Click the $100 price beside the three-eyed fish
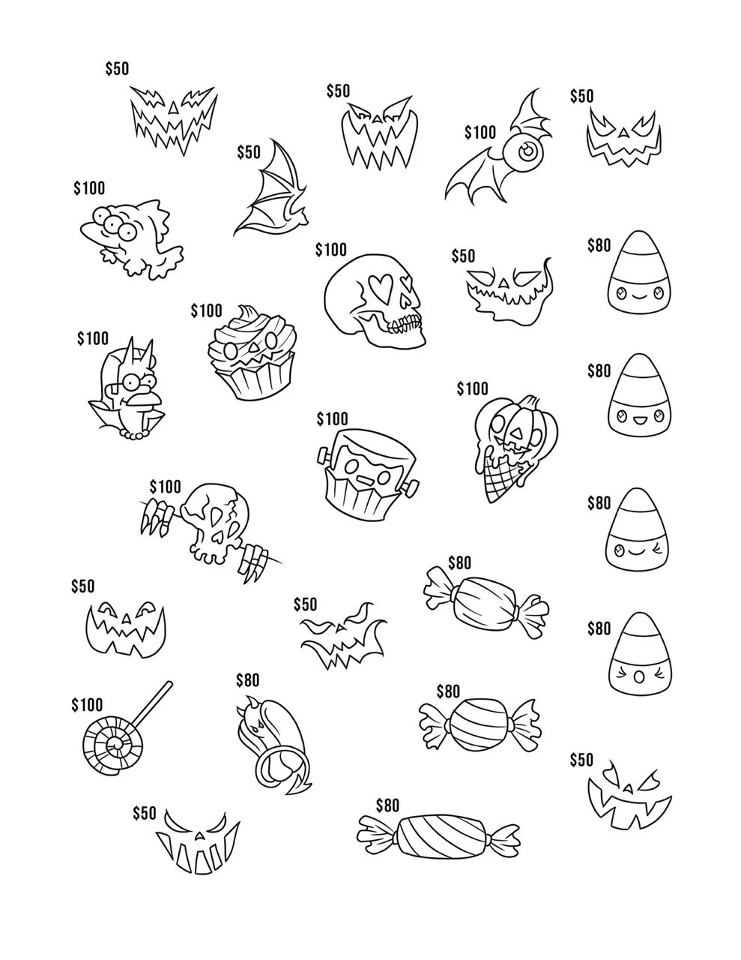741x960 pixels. (x=89, y=188)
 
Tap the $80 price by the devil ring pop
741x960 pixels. (x=247, y=679)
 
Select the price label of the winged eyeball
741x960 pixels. (x=480, y=132)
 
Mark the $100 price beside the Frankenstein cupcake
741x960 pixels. (x=332, y=418)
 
